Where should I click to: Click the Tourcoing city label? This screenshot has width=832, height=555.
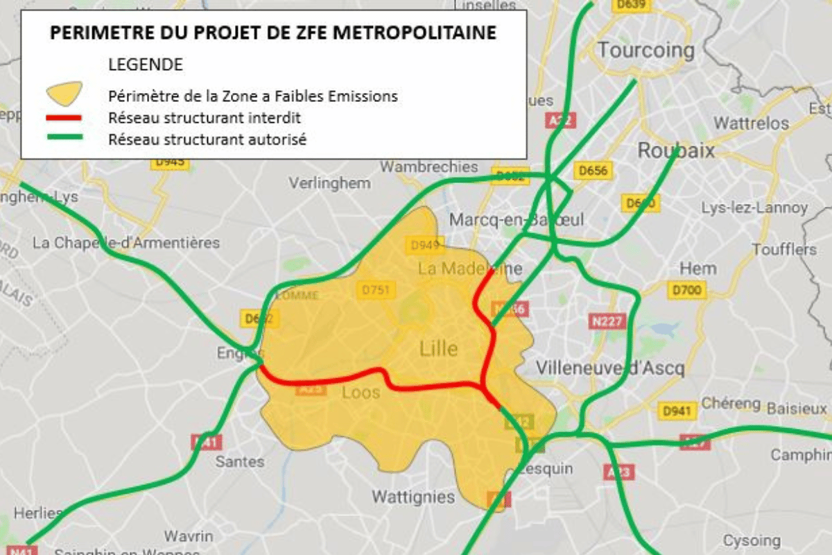645,50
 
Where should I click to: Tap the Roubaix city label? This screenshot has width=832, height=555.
675,151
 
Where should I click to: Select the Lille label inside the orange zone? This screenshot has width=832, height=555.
438,348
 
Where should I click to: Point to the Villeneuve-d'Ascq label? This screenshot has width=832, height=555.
610,368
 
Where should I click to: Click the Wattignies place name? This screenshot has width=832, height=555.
413,497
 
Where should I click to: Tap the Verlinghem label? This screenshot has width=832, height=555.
329,184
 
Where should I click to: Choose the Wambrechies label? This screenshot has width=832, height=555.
429,167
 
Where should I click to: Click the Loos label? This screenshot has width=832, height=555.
361,393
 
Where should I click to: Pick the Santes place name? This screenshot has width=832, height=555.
240,461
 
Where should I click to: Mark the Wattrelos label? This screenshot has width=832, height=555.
752,123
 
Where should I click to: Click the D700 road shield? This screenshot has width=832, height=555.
686,290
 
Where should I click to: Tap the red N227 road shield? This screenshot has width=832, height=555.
607,321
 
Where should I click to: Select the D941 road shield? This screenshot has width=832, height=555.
677,411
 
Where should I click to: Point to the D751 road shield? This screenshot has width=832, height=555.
376,291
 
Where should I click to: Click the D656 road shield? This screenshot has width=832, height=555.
592,171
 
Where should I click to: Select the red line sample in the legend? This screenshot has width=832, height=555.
64,117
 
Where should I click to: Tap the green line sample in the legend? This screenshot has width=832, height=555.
64,138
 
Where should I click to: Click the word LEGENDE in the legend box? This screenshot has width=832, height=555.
146,65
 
